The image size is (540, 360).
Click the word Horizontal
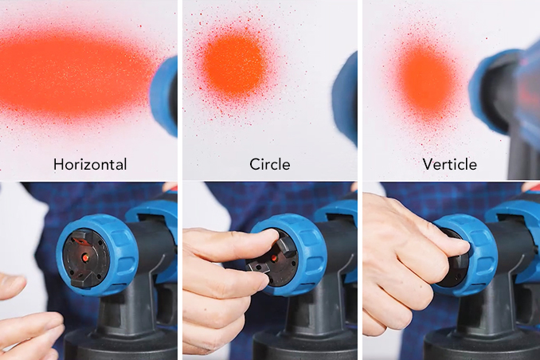tap(90, 164)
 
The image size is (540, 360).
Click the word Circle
tap(270, 164)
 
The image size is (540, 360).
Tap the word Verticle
tap(450, 164)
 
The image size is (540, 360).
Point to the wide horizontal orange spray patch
tap(74, 75)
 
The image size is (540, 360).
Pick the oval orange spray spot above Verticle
tap(426, 81)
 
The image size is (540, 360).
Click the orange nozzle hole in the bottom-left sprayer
tap(85, 257)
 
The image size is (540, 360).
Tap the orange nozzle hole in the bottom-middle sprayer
tap(275, 258)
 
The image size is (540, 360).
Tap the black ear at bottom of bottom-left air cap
tap(84, 281)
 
